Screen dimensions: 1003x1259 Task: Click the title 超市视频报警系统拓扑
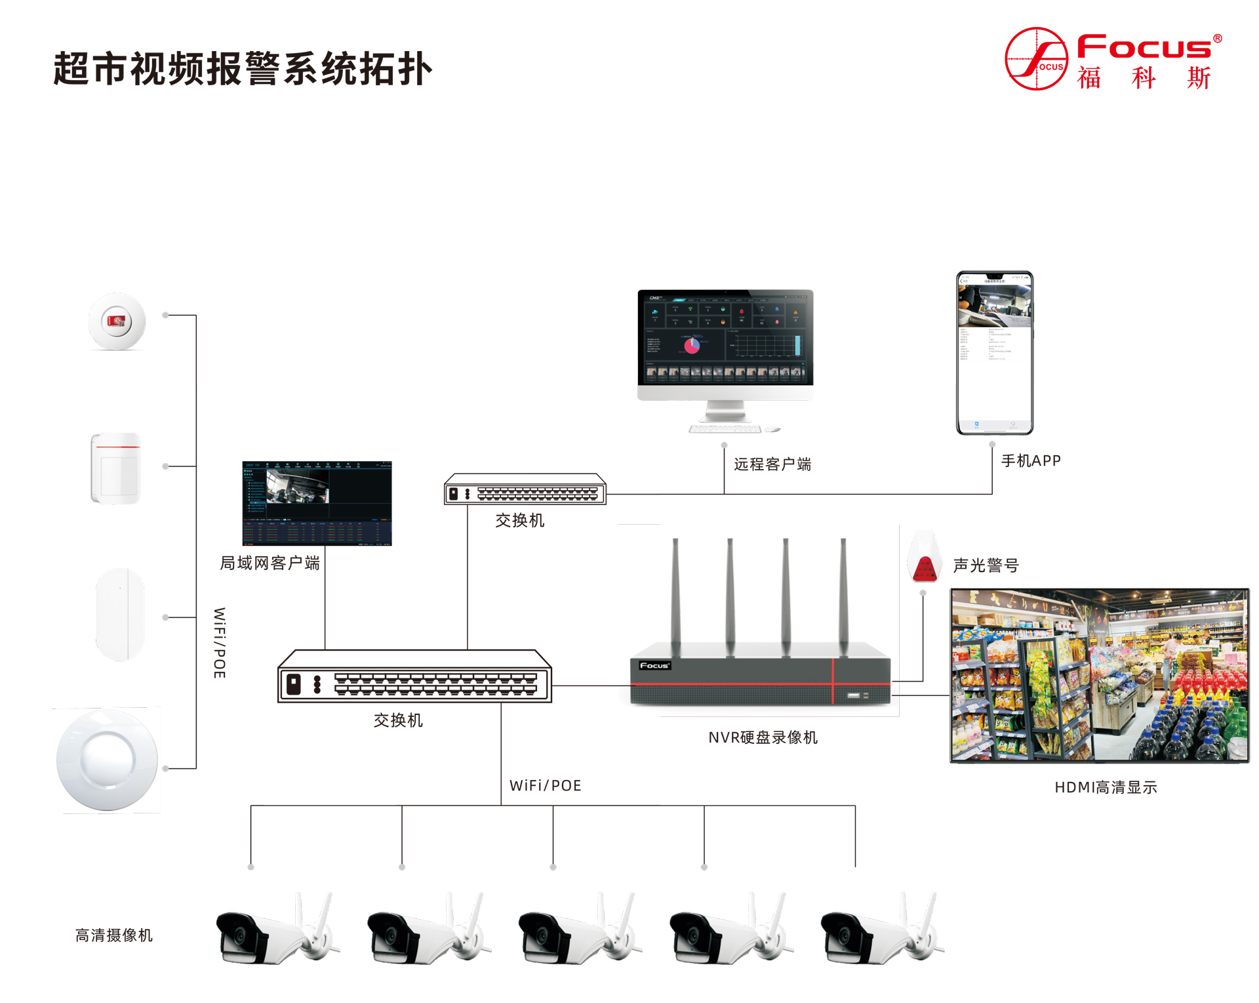point(243,69)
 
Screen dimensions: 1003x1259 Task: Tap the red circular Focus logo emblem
point(1036,59)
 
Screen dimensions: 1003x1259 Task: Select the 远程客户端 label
point(772,464)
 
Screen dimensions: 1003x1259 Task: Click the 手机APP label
point(1031,461)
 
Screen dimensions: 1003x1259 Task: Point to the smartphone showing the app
point(994,353)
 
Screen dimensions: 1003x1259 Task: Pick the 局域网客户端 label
point(270,563)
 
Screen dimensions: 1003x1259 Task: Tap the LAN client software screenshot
point(317,503)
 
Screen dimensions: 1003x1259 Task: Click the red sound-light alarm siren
point(925,559)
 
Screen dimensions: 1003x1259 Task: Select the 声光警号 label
point(986,565)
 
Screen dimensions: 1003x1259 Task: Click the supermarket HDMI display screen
point(1099,676)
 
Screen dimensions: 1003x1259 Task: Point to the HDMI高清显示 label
point(1106,787)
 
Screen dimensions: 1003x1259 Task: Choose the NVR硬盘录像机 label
point(763,737)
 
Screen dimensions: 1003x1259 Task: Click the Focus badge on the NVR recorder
point(654,665)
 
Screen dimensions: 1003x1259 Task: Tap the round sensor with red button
point(117,321)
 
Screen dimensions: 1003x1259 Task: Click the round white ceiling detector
point(107,760)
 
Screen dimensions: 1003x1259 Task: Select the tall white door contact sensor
point(120,615)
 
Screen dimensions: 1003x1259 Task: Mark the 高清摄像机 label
point(114,935)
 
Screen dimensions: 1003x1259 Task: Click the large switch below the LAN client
point(414,678)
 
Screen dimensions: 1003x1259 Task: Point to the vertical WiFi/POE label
point(220,643)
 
